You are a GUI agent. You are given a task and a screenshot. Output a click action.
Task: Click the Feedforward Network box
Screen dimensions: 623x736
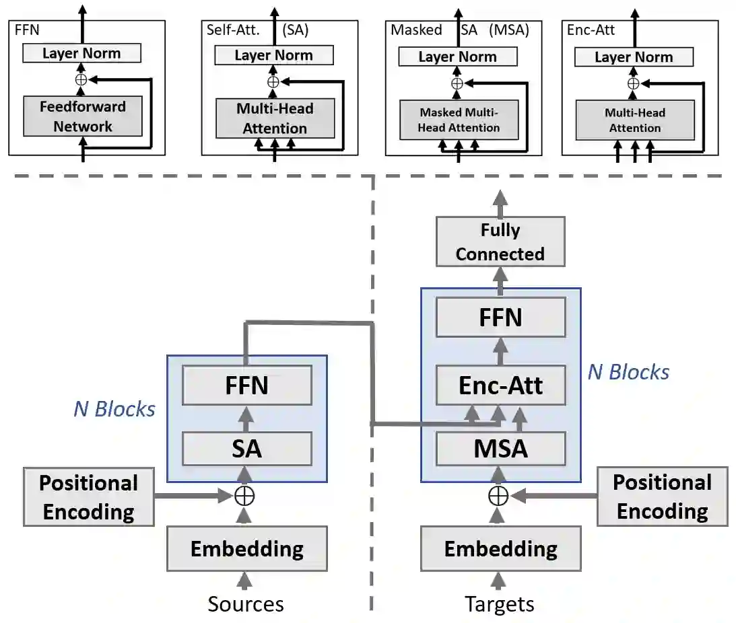pos(83,116)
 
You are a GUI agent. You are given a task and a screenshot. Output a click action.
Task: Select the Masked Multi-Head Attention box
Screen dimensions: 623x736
pos(459,120)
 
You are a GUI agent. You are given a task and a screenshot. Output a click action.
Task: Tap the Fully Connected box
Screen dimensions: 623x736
pos(500,242)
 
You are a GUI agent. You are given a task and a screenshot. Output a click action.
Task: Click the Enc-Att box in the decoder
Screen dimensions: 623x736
pos(500,385)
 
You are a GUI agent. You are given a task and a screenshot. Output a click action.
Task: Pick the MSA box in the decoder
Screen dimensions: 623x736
pos(500,448)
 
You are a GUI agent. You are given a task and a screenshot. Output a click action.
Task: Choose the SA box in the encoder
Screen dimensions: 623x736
pos(246,448)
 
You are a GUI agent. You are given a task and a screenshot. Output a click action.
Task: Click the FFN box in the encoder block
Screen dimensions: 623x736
pos(246,386)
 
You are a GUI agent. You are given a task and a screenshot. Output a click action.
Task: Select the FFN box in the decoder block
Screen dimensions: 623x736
pos(500,317)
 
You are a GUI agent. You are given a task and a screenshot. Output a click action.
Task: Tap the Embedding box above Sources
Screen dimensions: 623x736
pos(246,548)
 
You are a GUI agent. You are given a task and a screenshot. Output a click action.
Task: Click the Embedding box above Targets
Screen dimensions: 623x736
pos(500,548)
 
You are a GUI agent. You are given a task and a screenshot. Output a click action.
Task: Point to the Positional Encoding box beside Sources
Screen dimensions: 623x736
pos(88,497)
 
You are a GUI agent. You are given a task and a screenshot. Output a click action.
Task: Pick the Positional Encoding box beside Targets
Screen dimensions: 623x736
pos(662,497)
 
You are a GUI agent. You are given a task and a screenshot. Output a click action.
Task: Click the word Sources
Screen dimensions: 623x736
pos(246,603)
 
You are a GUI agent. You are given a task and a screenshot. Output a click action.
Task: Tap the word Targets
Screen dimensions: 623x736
pos(500,603)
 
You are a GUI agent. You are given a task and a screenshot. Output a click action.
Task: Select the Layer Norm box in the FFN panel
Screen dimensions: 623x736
pos(82,53)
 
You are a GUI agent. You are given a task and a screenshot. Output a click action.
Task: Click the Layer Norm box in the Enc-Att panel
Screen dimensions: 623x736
pos(634,57)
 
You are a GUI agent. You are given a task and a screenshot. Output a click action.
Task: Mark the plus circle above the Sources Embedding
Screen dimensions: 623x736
pos(244,497)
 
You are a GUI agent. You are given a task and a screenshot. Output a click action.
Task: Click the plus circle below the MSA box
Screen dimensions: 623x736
pos(498,496)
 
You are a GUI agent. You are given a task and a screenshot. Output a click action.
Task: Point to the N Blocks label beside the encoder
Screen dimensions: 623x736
pos(114,408)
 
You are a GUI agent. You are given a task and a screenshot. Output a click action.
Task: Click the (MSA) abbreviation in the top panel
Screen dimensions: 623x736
pos(509,30)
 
